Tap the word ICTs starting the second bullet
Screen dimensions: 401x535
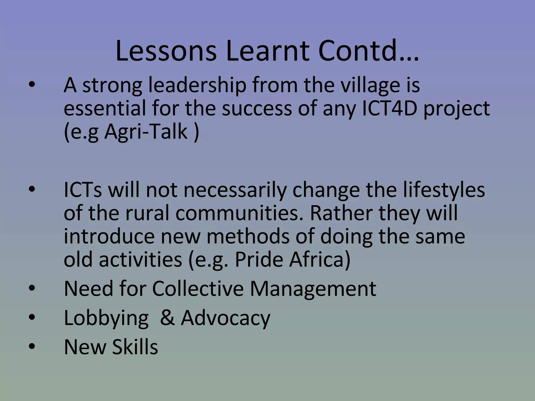(83, 190)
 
